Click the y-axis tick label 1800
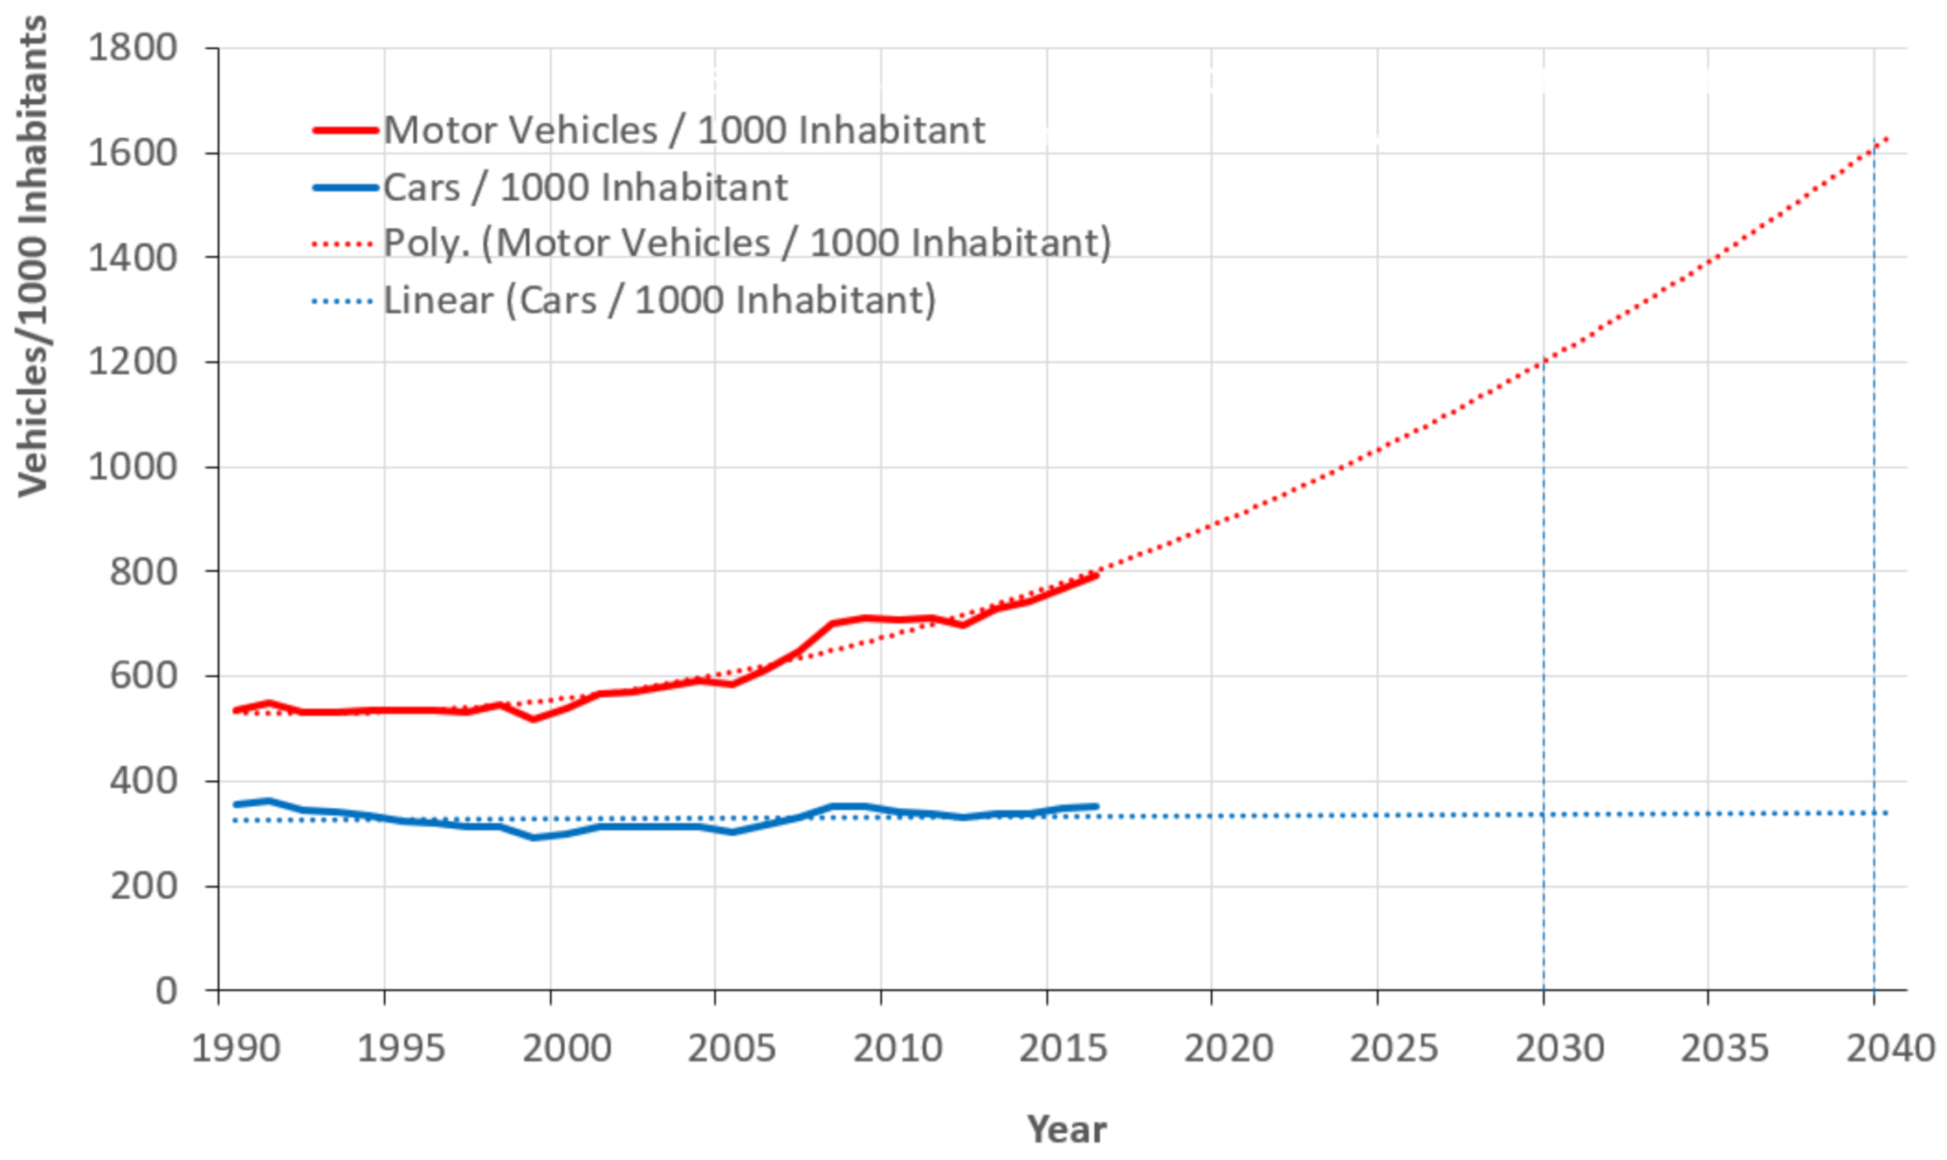(x=132, y=47)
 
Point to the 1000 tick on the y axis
(x=132, y=466)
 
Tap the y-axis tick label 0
(x=166, y=991)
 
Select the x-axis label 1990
(x=236, y=1048)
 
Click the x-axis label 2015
(x=1063, y=1048)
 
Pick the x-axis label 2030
(x=1559, y=1048)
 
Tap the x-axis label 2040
(x=1890, y=1048)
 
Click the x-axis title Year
(x=1066, y=1129)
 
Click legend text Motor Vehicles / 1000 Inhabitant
(x=684, y=130)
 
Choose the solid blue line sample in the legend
(x=346, y=188)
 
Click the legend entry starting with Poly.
(x=746, y=243)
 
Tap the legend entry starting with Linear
(x=659, y=300)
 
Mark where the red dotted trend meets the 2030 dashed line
(x=1544, y=360)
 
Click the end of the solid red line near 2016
(x=1096, y=576)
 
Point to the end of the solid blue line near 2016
(x=1096, y=806)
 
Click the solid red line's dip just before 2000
(x=533, y=719)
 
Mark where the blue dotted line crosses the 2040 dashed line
(x=1874, y=813)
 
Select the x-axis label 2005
(x=732, y=1048)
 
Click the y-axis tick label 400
(x=143, y=781)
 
